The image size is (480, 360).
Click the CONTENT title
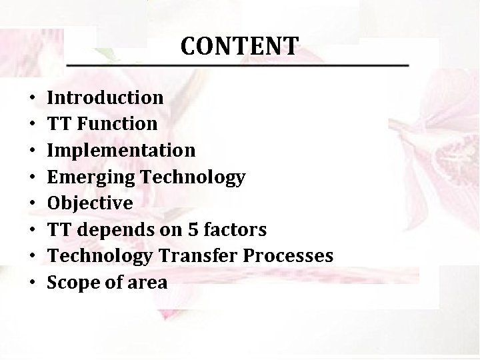point(239,46)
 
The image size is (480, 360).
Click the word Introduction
point(105,97)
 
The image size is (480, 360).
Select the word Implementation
point(121,151)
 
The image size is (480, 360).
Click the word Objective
point(90,203)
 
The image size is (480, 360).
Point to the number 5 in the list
point(191,230)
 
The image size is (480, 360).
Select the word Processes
point(292,257)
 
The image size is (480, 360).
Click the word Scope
point(69,283)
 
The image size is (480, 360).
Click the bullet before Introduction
point(33,98)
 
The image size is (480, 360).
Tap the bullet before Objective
point(33,204)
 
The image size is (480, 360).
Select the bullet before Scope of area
point(33,283)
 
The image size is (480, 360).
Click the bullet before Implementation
point(33,151)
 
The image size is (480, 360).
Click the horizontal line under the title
point(238,65)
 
